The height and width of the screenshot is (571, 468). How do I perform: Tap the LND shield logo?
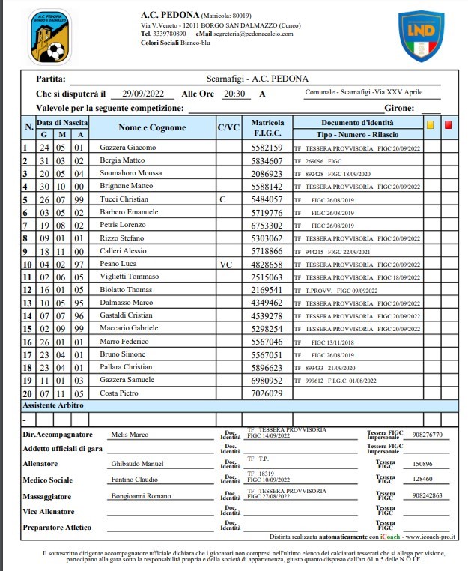coord(421,36)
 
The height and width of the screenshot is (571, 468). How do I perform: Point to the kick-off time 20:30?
coord(234,94)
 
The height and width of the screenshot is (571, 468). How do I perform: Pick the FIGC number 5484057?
coord(267,199)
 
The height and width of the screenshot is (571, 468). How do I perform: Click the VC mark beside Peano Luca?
coord(226,265)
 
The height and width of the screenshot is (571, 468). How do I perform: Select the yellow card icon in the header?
coord(430,125)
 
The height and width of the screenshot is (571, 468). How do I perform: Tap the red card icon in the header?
coord(449,125)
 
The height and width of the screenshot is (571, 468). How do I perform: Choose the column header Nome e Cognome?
coord(152,127)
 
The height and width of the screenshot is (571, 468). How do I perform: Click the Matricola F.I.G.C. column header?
coord(267,127)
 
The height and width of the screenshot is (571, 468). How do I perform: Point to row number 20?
coord(27,393)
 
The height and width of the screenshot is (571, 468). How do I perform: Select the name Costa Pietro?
coord(118,393)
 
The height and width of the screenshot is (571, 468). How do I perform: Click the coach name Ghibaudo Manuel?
coord(137,464)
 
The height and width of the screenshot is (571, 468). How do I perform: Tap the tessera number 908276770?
coord(428,435)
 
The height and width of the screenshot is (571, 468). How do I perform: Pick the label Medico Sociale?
coord(49,480)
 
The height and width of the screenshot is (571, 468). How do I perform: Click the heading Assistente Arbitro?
coord(53,405)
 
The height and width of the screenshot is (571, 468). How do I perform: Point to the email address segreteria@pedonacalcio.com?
coord(254,34)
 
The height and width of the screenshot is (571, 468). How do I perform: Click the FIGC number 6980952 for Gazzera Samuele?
coord(267,381)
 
